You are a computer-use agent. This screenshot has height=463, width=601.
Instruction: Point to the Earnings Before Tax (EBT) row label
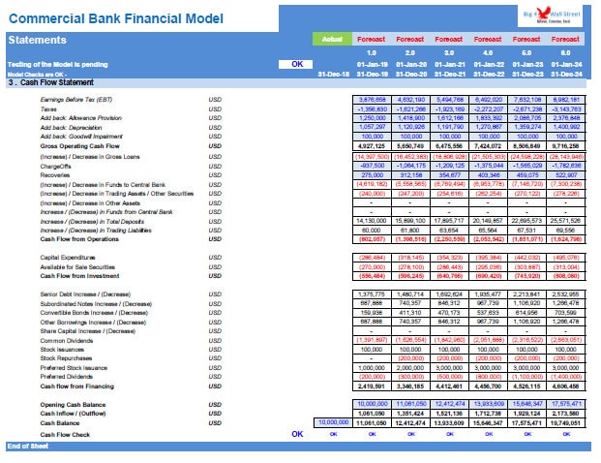(76, 100)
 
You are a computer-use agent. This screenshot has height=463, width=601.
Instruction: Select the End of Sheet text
(27, 446)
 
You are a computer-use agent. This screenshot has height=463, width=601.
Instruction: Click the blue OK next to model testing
(297, 64)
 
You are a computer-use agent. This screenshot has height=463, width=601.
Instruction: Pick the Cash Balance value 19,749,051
(565, 423)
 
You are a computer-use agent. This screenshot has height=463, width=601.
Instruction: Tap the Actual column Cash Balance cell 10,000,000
(333, 423)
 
